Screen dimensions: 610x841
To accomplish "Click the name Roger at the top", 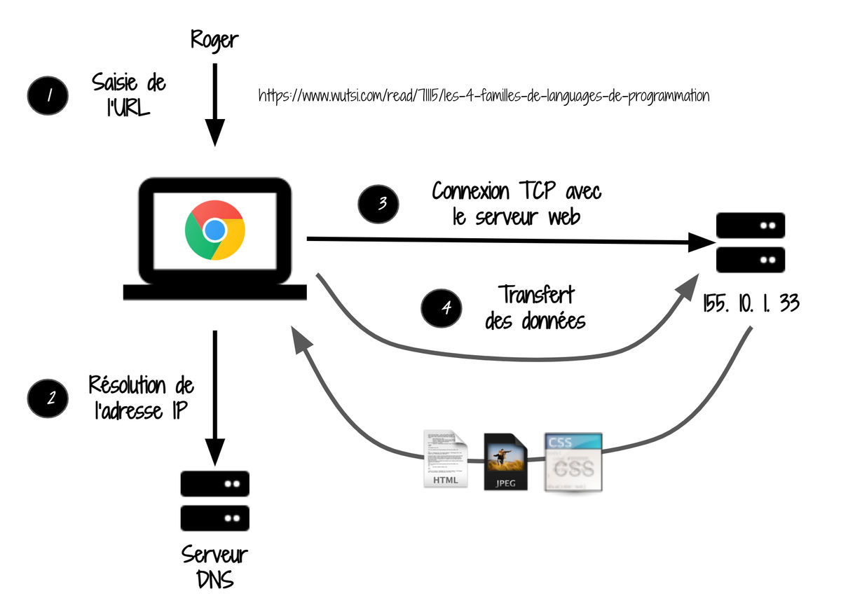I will point(214,40).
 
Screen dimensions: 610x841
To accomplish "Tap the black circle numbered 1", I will point(48,96).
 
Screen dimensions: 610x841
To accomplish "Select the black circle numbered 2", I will point(48,398).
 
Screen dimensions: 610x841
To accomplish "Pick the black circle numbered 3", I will point(379,203).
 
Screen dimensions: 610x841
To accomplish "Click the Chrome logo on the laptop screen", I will point(214,230).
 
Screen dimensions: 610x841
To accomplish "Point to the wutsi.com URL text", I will point(484,96).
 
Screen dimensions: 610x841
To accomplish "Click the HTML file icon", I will point(445,459).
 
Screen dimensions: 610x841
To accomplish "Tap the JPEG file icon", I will point(505,462).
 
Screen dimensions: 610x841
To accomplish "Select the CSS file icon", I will point(573,461).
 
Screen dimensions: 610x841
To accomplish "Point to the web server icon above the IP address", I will point(751,242).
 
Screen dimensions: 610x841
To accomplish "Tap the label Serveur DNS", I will point(215,567).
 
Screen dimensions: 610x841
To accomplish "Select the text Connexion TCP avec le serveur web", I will point(517,203).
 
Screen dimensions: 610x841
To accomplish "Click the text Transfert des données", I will point(535,307).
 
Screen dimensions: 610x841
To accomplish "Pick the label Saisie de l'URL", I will point(128,96).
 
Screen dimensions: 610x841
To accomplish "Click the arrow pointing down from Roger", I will point(214,105).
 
